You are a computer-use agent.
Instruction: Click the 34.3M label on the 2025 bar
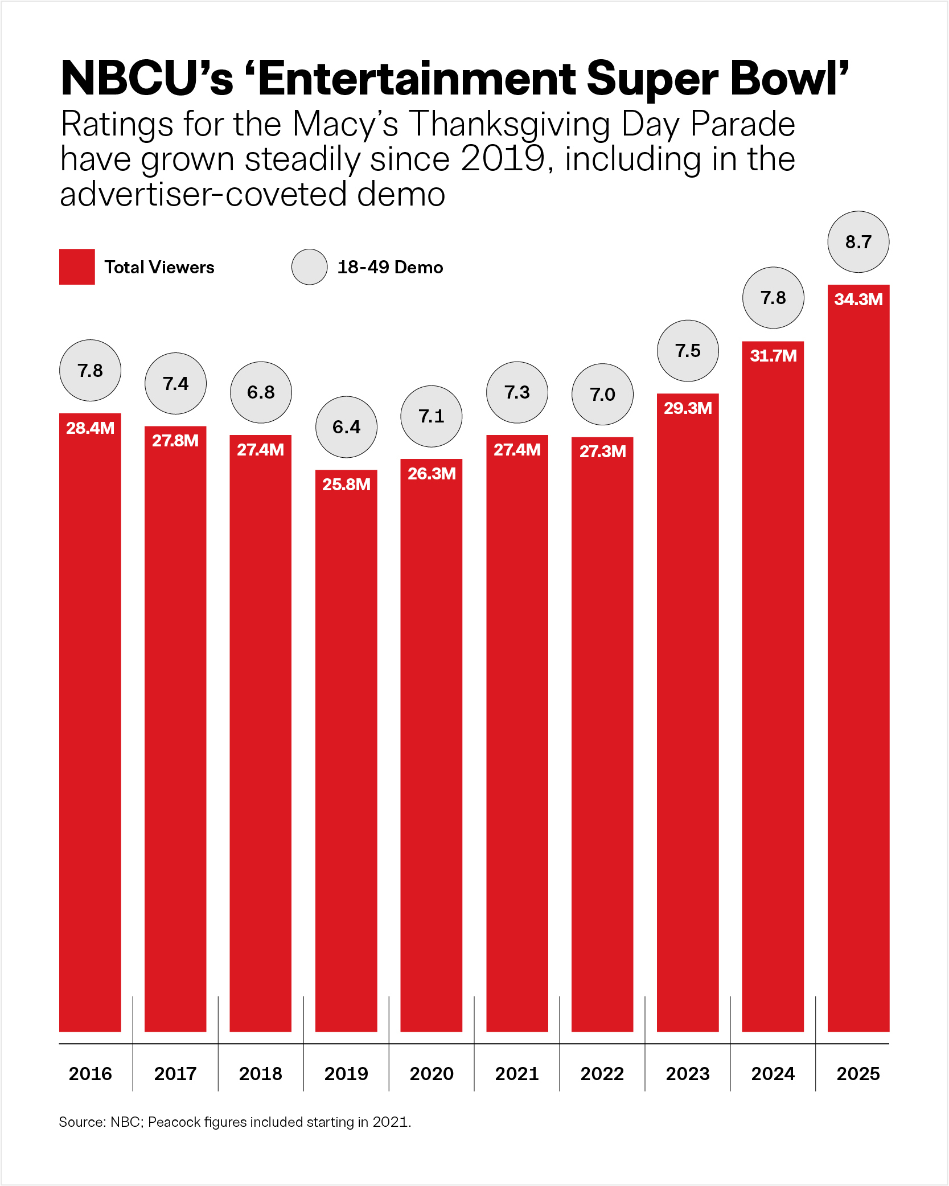858,299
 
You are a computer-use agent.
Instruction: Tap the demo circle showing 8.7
858,242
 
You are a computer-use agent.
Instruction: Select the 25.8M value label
346,485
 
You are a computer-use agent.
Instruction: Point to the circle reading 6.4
346,427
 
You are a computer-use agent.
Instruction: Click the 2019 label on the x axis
346,1074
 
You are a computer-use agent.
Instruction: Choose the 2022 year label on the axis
602,1074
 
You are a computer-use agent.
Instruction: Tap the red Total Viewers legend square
77,266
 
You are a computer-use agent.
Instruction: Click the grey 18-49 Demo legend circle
309,267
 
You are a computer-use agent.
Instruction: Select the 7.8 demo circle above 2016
90,371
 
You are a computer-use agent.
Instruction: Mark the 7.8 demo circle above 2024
773,298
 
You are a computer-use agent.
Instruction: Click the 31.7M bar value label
773,356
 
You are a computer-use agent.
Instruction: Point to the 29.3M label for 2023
688,408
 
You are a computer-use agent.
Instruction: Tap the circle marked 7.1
432,416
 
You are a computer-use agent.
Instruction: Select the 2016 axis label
90,1074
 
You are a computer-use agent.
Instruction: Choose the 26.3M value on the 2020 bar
432,474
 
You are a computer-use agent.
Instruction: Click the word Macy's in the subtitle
346,125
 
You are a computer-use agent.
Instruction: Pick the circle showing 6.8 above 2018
261,392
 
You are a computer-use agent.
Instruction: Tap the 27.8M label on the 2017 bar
175,441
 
